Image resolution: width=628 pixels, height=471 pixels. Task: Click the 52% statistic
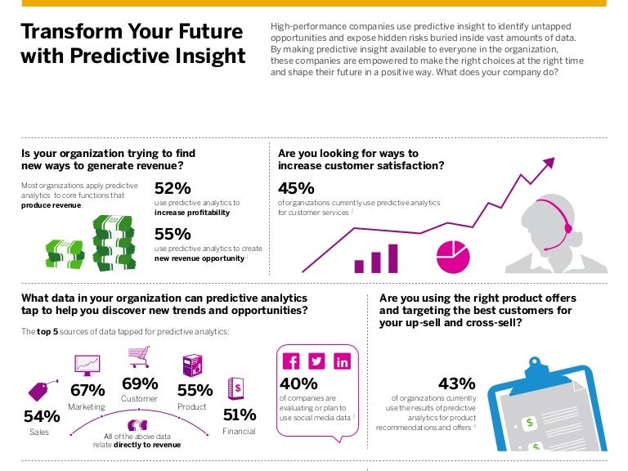[173, 189]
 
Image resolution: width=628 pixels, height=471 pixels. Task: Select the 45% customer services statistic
[297, 189]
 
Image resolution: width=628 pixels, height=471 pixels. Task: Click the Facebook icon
[291, 361]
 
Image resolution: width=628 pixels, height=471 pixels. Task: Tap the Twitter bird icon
[316, 361]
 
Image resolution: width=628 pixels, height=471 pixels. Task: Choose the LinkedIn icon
[342, 361]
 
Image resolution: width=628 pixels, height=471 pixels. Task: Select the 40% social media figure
[298, 384]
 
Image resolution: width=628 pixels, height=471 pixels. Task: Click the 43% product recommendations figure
[456, 384]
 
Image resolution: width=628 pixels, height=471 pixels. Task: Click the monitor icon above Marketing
[87, 364]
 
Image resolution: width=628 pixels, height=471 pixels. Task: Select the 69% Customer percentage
[140, 384]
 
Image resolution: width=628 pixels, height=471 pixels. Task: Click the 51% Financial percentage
[239, 415]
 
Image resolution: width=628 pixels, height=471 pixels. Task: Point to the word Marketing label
[87, 406]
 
